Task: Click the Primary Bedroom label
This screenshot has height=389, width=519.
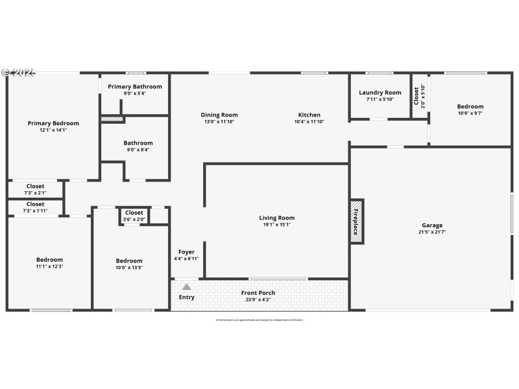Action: [x=53, y=123]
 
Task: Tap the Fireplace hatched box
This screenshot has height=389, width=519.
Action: [x=356, y=221]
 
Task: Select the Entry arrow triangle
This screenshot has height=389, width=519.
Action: [x=186, y=287]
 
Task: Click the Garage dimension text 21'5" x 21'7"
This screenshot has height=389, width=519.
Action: [x=432, y=232]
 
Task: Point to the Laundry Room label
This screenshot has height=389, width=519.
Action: [x=380, y=93]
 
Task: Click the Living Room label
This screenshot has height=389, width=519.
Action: [x=277, y=218]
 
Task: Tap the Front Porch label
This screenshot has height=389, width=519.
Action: [x=258, y=293]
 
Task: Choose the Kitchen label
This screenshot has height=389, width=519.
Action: [x=309, y=115]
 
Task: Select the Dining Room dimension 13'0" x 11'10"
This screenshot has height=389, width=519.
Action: [x=219, y=122]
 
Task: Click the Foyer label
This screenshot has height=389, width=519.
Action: [x=186, y=252]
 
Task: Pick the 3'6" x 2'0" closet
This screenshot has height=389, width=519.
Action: [x=134, y=216]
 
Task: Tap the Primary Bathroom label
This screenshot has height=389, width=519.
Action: [x=135, y=86]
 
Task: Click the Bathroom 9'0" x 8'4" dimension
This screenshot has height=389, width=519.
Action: [x=138, y=150]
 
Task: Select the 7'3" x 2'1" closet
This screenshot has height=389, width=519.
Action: [x=36, y=189]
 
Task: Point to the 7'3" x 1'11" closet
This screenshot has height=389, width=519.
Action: [x=36, y=207]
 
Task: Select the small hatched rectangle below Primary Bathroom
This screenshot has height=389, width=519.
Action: [x=112, y=119]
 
